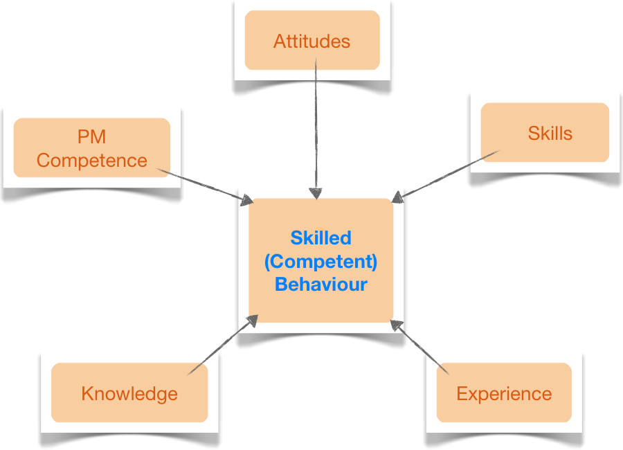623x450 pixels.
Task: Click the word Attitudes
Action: (312, 42)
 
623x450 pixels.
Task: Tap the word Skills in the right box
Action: (550, 133)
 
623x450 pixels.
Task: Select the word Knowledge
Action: (129, 394)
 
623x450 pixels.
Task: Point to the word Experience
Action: (504, 394)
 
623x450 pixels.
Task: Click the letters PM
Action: (92, 137)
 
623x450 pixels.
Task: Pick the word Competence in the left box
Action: (92, 161)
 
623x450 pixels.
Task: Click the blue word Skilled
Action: (320, 237)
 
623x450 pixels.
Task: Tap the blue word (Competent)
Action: (320, 262)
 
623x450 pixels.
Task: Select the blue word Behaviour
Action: (320, 285)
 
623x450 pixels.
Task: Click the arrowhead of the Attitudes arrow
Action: (316, 193)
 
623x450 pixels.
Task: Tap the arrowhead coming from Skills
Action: (398, 197)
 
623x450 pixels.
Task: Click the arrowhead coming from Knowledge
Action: (252, 321)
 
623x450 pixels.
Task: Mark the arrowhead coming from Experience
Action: (397, 325)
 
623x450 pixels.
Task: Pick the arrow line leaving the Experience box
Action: (420, 348)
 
